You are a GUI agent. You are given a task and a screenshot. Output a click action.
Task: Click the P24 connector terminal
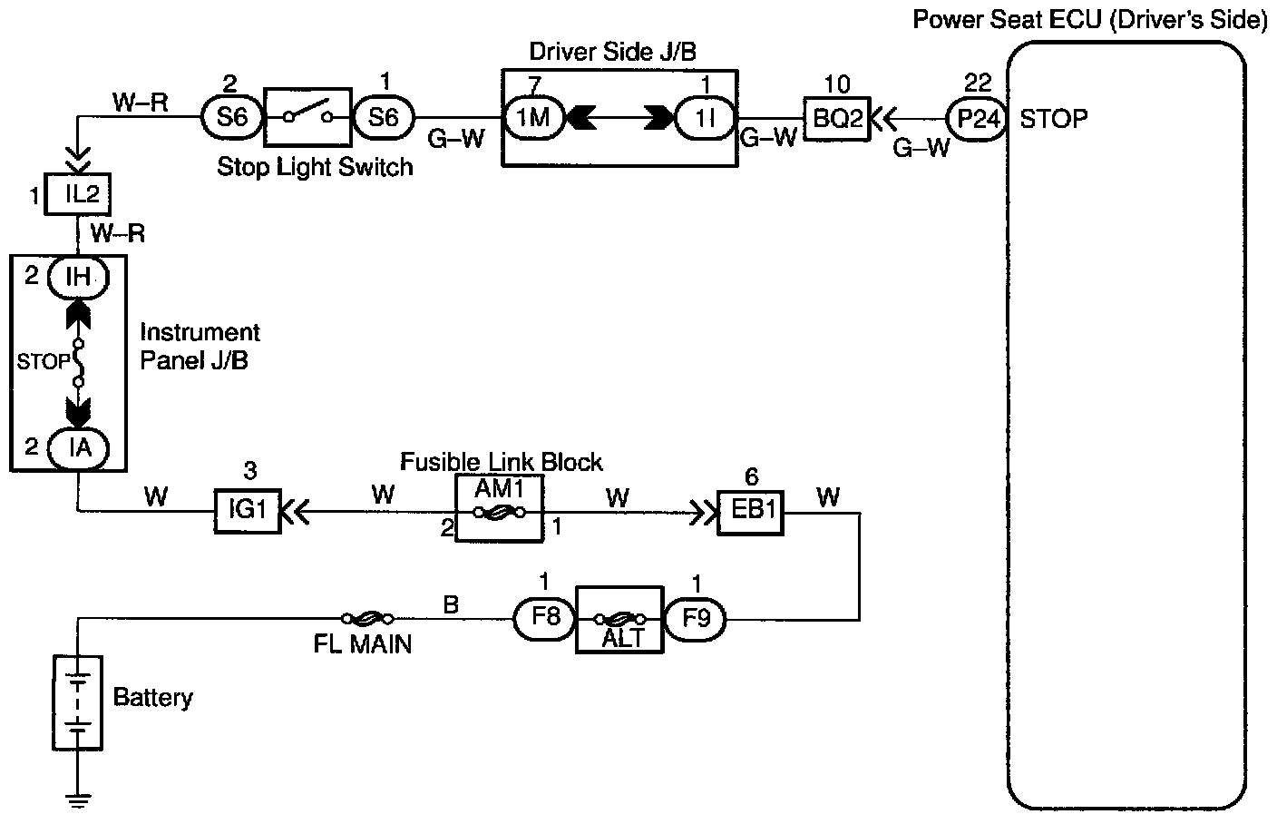(x=978, y=118)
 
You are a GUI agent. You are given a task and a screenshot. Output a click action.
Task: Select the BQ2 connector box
(x=836, y=119)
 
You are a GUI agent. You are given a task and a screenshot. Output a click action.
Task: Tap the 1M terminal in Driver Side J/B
(x=534, y=118)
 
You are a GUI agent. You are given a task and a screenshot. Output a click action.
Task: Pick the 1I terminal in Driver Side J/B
(x=705, y=118)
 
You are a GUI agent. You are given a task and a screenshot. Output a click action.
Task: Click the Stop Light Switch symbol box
(x=307, y=117)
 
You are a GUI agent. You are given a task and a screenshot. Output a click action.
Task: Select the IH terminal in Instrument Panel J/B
(x=79, y=276)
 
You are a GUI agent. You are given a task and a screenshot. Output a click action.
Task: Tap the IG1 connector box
(x=247, y=511)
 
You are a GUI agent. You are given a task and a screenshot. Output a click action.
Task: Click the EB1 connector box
(x=752, y=511)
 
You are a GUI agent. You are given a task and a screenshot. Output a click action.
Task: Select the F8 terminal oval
(x=545, y=619)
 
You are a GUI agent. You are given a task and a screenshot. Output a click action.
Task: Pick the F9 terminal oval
(x=695, y=619)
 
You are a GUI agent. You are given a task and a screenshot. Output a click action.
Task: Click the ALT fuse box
(x=619, y=619)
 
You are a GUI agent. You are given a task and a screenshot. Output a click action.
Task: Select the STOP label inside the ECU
(x=1054, y=118)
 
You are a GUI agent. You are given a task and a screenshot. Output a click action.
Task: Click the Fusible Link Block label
(x=502, y=462)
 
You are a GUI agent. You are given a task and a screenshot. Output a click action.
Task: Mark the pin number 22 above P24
(x=978, y=84)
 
